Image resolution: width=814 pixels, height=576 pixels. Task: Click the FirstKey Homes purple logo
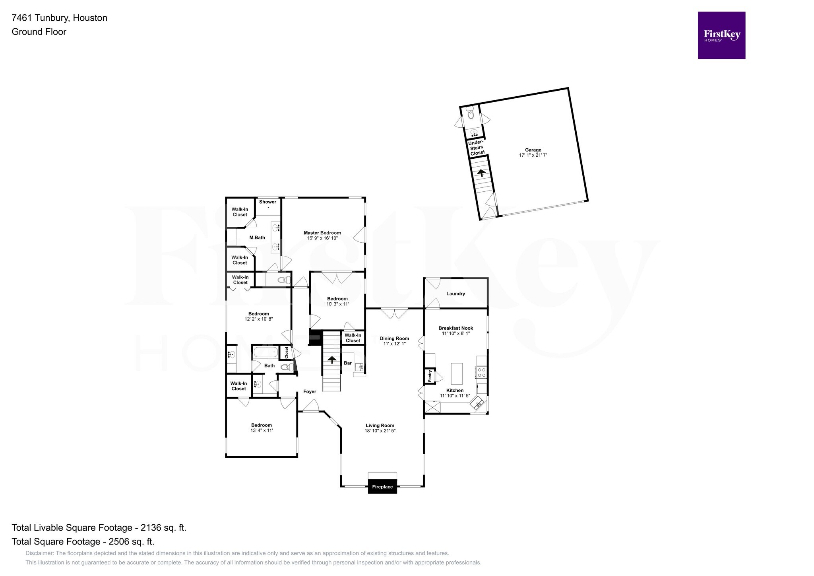point(721,35)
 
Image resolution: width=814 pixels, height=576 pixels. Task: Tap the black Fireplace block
point(382,486)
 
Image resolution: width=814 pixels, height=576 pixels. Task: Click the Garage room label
point(533,150)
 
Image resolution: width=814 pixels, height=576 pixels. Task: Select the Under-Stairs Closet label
point(477,148)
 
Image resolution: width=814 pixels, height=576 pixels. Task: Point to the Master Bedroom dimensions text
point(322,238)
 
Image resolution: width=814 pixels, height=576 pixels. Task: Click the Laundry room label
point(455,294)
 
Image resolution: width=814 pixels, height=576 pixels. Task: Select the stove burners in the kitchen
point(481,372)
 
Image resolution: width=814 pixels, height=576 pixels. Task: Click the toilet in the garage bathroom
point(471,115)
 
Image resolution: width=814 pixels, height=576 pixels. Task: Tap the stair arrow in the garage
point(481,173)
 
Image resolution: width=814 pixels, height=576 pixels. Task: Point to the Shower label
point(267,202)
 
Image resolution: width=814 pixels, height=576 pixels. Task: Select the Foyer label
point(310,391)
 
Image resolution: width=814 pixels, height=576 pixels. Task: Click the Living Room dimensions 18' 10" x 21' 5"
point(380,431)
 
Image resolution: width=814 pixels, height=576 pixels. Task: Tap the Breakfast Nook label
point(455,328)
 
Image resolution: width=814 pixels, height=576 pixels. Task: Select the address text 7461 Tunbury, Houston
point(60,18)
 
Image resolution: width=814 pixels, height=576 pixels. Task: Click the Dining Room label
point(394,339)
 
